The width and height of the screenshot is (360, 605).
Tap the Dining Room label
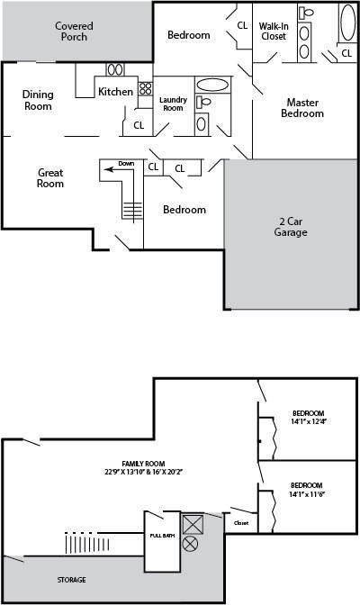(38, 100)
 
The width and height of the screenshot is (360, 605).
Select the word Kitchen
(116, 92)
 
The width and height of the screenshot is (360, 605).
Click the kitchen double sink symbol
(115, 69)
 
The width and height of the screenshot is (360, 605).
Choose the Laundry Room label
(172, 104)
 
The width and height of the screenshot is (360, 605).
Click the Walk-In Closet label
(274, 31)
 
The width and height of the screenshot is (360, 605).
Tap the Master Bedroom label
(302, 107)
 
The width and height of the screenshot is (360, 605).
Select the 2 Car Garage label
(291, 226)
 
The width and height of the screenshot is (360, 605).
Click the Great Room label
(50, 177)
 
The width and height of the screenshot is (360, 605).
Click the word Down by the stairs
(126, 164)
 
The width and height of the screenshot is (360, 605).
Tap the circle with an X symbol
(191, 544)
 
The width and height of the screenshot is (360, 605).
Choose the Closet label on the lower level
(240, 522)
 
